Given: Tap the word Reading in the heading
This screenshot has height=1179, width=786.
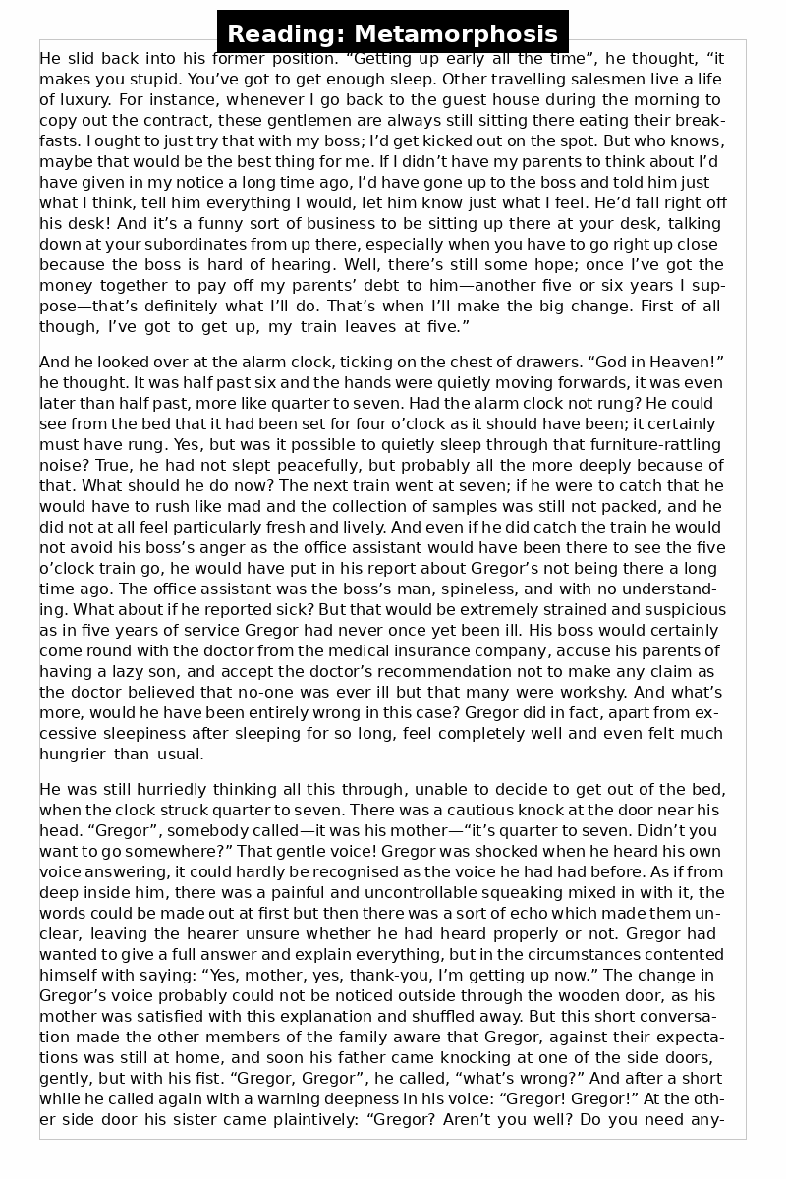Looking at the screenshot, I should point(286,35).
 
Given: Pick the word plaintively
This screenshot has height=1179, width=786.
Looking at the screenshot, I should point(284,1119).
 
